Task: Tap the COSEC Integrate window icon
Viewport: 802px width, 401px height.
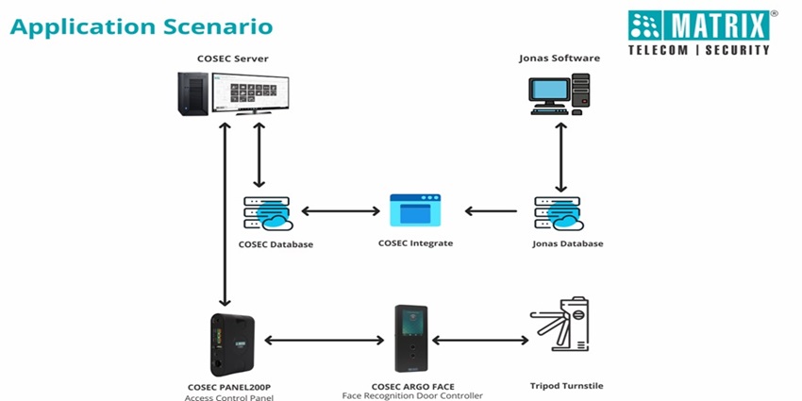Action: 415,211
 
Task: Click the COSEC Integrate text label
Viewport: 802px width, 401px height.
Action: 415,243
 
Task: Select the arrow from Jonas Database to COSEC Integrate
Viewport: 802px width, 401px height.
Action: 490,211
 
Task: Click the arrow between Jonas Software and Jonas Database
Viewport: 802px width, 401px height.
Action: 563,155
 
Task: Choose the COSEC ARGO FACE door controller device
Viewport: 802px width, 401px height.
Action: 412,341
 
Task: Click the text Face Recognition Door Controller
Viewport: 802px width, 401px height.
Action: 412,396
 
